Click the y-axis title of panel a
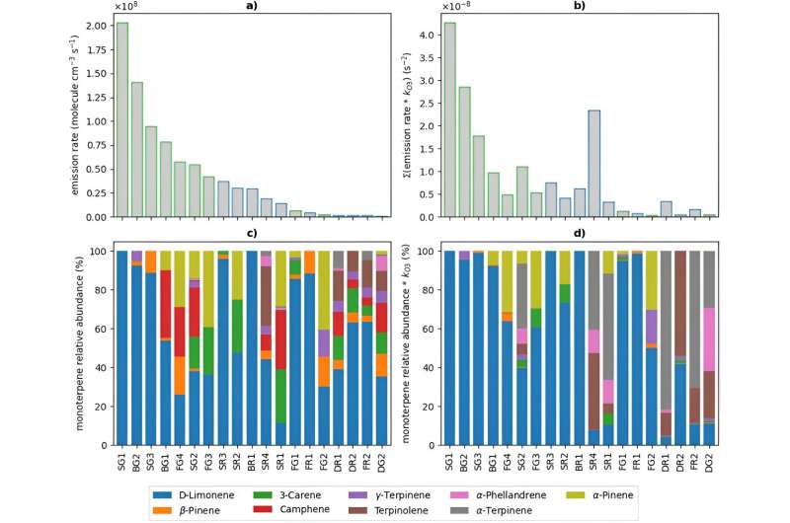pos(76,116)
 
